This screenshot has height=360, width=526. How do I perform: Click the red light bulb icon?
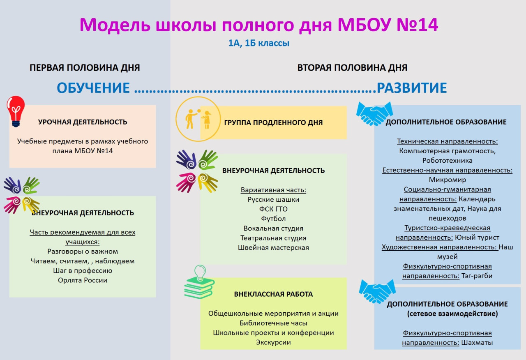[x=16, y=111]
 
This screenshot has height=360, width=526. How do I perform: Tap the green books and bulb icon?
[x=199, y=282]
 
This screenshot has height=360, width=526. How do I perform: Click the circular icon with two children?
[x=198, y=119]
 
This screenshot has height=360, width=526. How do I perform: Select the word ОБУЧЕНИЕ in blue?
[x=93, y=88]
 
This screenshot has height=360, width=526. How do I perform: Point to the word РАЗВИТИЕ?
[x=412, y=88]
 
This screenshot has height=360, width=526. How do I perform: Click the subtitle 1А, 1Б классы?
[x=259, y=43]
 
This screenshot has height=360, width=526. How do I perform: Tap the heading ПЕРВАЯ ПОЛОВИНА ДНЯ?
[x=85, y=68]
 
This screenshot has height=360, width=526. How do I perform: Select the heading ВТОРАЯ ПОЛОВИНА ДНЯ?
[x=352, y=68]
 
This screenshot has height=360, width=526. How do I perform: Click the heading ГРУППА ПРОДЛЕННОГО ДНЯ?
[x=273, y=122]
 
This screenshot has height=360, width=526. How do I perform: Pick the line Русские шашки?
[x=273, y=199]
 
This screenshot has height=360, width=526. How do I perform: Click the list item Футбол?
[x=273, y=219]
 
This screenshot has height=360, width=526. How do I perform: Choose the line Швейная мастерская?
[x=273, y=247]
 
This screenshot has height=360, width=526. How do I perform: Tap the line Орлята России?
[x=83, y=280]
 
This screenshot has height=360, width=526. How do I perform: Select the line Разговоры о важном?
[x=83, y=251]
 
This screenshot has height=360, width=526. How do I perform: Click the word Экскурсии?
[x=273, y=342]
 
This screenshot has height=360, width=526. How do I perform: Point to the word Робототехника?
[x=448, y=160]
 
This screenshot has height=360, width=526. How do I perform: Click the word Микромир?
[x=448, y=180]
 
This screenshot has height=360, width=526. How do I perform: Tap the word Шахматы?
[x=477, y=343]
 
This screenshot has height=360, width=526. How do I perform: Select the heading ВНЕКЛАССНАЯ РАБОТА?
[x=273, y=294]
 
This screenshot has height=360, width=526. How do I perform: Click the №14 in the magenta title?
[x=417, y=25]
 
